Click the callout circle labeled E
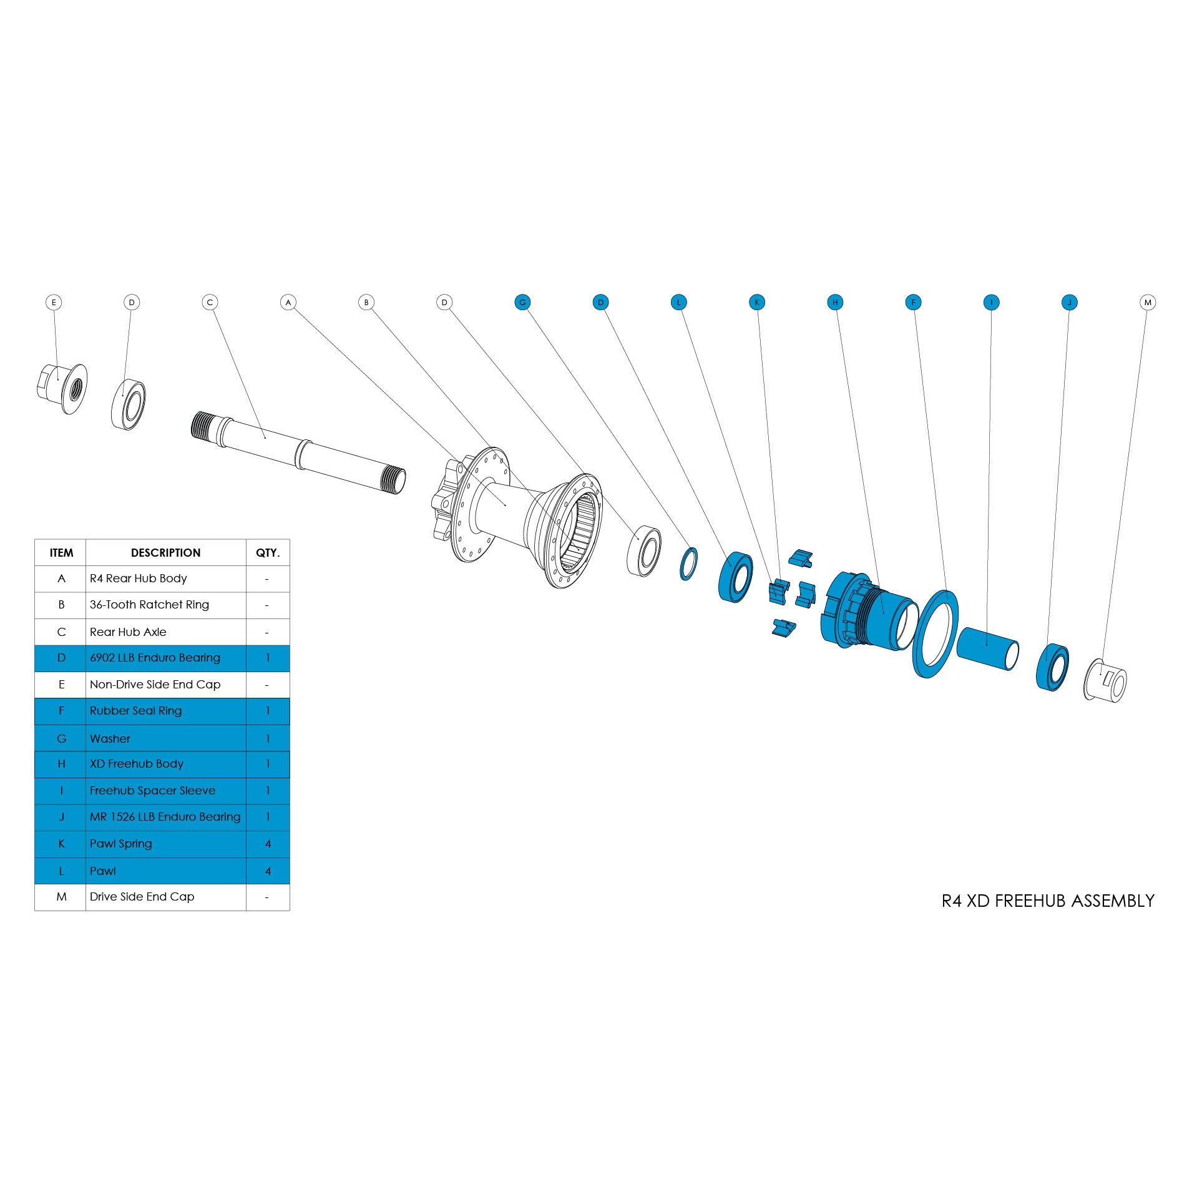[x=54, y=302]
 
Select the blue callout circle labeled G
[x=522, y=302]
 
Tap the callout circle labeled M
[x=1147, y=302]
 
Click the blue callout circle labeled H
[x=834, y=302]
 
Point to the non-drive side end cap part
[x=62, y=388]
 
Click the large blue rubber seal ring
[x=935, y=633]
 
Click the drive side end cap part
[x=1105, y=680]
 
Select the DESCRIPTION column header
[x=165, y=552]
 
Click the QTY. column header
[x=268, y=552]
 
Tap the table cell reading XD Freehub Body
[x=137, y=764]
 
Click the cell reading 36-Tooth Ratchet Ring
[x=149, y=604]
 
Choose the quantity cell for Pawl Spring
[x=268, y=843]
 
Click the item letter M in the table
[x=61, y=896]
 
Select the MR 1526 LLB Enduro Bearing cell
[x=165, y=816]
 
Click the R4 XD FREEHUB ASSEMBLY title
[x=1047, y=901]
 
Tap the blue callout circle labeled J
[x=1069, y=302]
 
